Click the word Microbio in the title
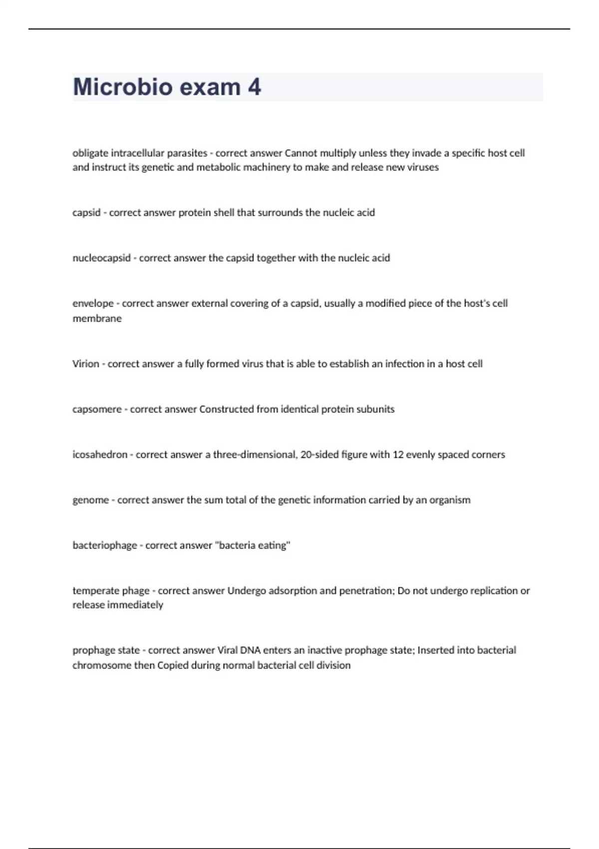[x=122, y=87]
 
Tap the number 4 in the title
[x=254, y=87]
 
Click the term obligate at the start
[x=90, y=153]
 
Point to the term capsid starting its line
[x=86, y=213]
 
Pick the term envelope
[x=93, y=304]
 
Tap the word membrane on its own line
[x=97, y=319]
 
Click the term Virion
[x=86, y=364]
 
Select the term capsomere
[x=97, y=410]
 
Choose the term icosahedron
[x=100, y=455]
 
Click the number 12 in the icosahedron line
[x=398, y=455]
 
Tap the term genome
[x=90, y=500]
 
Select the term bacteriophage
[x=104, y=546]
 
